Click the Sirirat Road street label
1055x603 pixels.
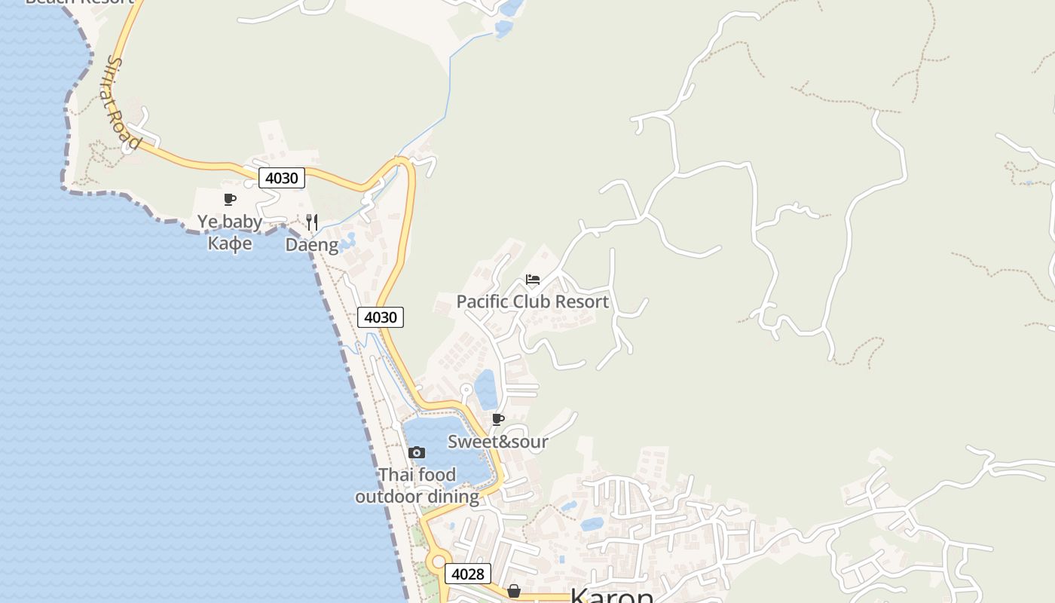click(x=124, y=103)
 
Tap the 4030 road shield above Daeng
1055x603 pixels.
click(x=282, y=179)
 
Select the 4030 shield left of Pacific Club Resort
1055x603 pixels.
click(x=381, y=317)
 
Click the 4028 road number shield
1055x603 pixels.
click(x=467, y=574)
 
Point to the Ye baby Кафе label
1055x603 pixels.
click(x=230, y=232)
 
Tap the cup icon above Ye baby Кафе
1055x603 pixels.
click(x=230, y=200)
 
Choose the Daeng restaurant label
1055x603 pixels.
click(x=311, y=245)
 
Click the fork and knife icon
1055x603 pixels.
click(x=312, y=222)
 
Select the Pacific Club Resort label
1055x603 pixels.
click(x=532, y=301)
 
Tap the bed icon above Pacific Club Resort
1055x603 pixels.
click(x=533, y=280)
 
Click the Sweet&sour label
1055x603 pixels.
click(x=497, y=442)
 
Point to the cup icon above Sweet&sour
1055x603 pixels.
click(x=497, y=420)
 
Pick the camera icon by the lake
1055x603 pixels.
click(x=416, y=453)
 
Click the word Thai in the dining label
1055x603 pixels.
click(x=396, y=475)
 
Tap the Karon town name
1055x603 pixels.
click(x=611, y=595)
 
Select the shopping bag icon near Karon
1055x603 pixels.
click(x=514, y=591)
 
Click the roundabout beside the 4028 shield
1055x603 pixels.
click(x=438, y=562)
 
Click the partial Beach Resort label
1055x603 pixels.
click(x=79, y=2)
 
